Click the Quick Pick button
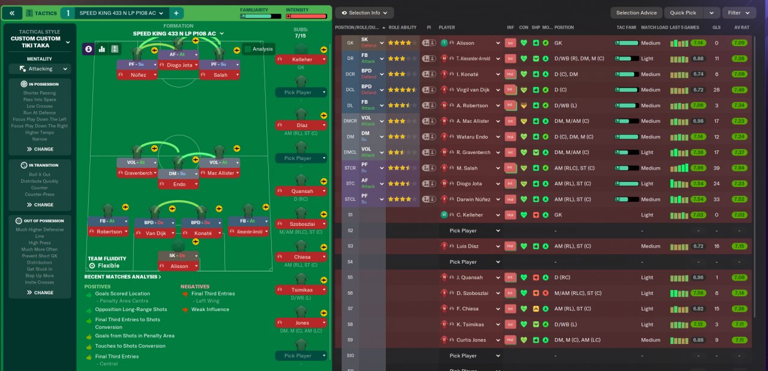[683, 13]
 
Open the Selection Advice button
[636, 13]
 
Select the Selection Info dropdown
[364, 13]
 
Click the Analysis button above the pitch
[259, 49]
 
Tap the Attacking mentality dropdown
[40, 69]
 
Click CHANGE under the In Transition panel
[40, 204]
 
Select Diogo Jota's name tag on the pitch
[178, 65]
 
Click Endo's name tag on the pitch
[178, 185]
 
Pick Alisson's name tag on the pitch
[178, 266]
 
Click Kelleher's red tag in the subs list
[301, 60]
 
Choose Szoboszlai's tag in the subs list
[301, 224]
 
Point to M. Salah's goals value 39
[716, 168]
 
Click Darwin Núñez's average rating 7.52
[740, 199]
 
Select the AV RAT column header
[742, 28]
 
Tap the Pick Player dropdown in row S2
[474, 231]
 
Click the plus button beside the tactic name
[176, 13]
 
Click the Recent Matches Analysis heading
[122, 277]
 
